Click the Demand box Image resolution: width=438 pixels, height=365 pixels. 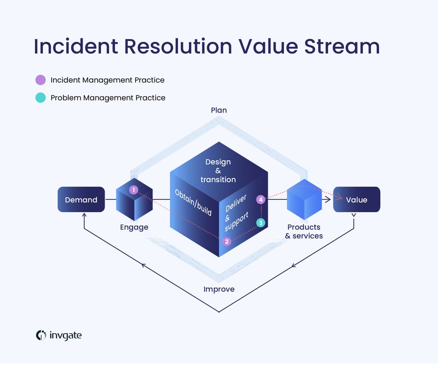tap(81, 200)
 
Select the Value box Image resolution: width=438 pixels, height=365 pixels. tap(356, 200)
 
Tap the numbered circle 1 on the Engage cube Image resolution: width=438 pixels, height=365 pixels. tap(134, 190)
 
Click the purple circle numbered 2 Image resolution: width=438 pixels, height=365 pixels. tap(226, 241)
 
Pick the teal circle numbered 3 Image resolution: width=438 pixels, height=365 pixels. tap(261, 223)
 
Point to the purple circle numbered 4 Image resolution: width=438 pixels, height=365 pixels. tap(261, 200)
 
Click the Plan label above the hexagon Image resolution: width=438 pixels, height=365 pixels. tap(219, 110)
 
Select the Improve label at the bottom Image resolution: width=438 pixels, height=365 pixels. tap(219, 289)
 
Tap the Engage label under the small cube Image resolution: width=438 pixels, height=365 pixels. tap(134, 227)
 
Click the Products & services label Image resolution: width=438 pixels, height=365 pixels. tap(304, 232)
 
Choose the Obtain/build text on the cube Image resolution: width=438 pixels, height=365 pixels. tap(193, 202)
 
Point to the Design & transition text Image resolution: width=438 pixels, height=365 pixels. tap(218, 171)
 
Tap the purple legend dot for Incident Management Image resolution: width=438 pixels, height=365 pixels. tap(41, 80)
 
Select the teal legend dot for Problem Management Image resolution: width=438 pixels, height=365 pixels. tap(41, 98)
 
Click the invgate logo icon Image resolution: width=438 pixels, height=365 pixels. tap(41, 335)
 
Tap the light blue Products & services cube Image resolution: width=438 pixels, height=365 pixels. tap(304, 199)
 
